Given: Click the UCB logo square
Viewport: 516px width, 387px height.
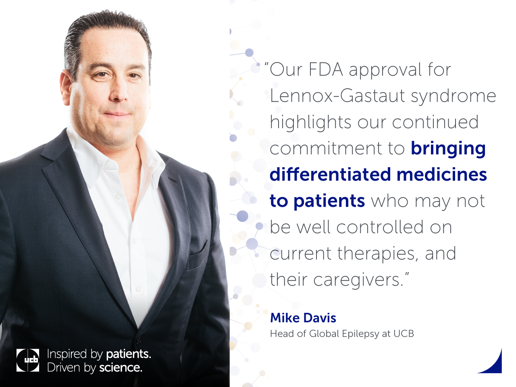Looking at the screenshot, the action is (28, 360).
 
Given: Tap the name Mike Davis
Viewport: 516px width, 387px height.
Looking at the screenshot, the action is (303, 318).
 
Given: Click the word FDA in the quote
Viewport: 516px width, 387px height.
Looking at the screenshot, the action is (326, 70).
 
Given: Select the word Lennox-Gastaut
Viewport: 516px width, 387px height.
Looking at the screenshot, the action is (337, 96).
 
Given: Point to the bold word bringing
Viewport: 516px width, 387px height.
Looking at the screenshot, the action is (448, 149).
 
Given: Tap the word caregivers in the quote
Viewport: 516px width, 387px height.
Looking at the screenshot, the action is (359, 280).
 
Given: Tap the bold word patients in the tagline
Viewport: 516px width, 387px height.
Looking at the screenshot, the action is (128, 354).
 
